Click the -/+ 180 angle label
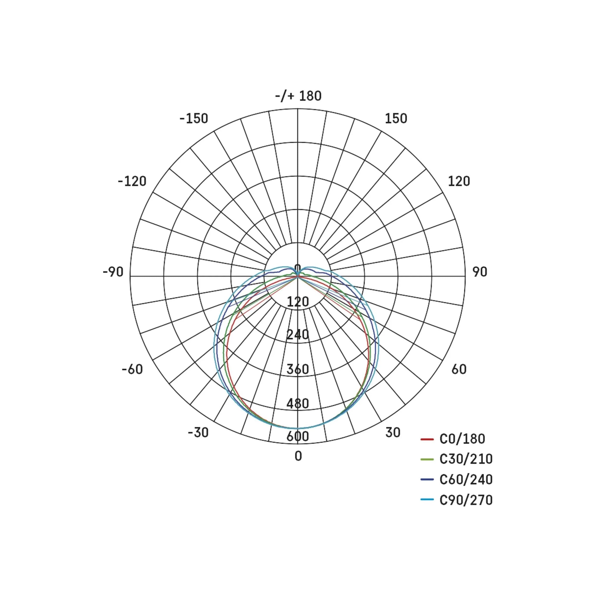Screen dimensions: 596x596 click(298, 96)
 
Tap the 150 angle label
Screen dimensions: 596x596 click(396, 119)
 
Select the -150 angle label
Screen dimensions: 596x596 click(194, 119)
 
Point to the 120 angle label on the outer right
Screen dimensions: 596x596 click(459, 181)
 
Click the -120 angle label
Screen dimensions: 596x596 click(132, 181)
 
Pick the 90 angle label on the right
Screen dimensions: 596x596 click(480, 272)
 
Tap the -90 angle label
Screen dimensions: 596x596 click(113, 272)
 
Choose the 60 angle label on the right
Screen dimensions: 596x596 click(459, 369)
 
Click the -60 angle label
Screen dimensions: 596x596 click(132, 369)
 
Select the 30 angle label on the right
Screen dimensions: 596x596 click(393, 432)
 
